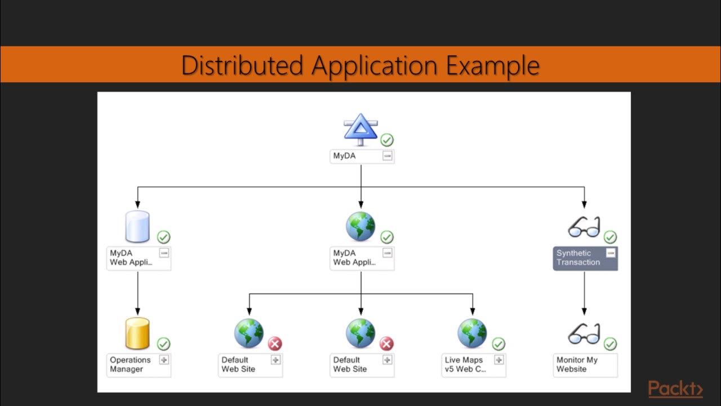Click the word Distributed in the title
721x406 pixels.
(242, 65)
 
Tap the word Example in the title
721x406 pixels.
(493, 66)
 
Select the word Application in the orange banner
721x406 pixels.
(375, 66)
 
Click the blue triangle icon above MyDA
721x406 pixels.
(360, 130)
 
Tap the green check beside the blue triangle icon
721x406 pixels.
(387, 140)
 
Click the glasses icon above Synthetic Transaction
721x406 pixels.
(584, 227)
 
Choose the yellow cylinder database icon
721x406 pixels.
(137, 333)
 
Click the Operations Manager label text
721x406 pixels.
(130, 364)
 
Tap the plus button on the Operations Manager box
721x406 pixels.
(164, 360)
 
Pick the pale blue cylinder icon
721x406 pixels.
(137, 227)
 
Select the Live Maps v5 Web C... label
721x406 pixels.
(465, 364)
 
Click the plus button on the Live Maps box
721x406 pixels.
(499, 360)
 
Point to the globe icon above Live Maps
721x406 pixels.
(472, 333)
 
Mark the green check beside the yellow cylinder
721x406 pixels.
(163, 344)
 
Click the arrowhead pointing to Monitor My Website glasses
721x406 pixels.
(584, 312)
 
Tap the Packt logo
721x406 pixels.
(675, 389)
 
